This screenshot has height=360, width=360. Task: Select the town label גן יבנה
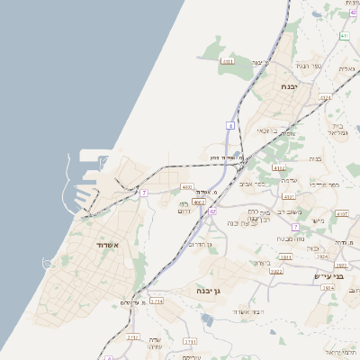(209, 290)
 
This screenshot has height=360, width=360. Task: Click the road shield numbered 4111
(228, 61)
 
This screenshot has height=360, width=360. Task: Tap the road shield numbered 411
(345, 36)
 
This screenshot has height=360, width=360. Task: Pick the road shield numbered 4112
(279, 167)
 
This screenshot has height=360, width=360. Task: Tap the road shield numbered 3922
(276, 271)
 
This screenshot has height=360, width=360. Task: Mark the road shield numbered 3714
(157, 301)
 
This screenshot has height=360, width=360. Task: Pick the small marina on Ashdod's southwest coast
(47, 263)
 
